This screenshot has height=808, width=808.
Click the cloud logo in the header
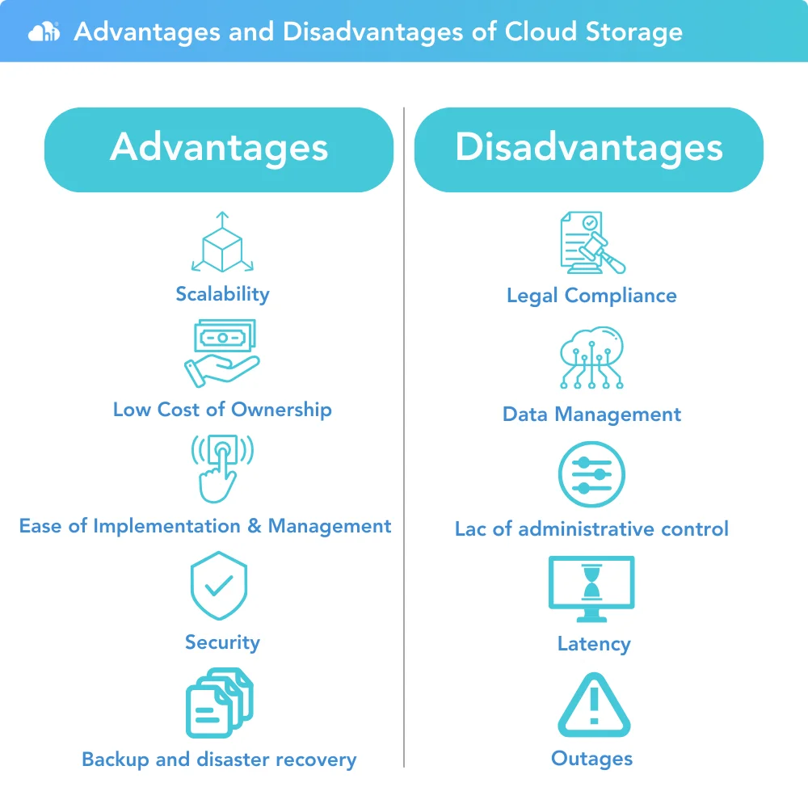[44, 32]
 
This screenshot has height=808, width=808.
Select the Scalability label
[223, 294]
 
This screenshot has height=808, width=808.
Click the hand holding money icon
[222, 354]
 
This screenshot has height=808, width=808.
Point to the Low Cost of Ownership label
[223, 410]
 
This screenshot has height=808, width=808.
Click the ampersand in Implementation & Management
[254, 526]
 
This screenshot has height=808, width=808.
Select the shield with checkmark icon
[219, 585]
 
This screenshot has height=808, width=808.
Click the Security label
[223, 642]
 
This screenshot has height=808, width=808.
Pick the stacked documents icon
[220, 703]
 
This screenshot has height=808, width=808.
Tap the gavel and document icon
[592, 242]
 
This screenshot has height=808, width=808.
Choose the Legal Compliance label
[591, 296]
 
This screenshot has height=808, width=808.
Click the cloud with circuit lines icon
[591, 357]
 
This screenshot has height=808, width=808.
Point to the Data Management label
[591, 415]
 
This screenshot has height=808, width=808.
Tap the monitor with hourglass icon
[591, 589]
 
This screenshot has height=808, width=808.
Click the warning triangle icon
[594, 705]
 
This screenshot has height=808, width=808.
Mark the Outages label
[591, 759]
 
